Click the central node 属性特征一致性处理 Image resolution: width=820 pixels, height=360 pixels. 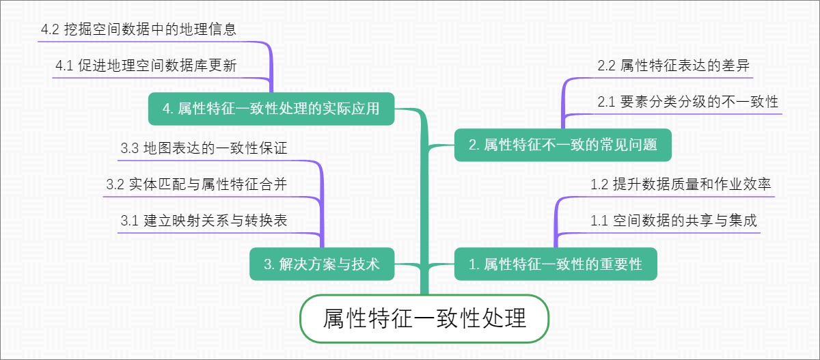(424, 318)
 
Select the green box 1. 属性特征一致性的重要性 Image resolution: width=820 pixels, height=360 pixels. (556, 264)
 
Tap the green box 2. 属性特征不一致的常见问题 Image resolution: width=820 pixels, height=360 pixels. (562, 145)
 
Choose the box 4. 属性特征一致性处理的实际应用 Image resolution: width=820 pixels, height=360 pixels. (271, 109)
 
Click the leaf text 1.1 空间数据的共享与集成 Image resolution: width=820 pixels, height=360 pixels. (674, 221)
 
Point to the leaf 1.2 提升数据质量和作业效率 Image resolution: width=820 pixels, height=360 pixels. (681, 184)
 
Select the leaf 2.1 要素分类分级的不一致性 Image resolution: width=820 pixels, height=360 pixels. (688, 102)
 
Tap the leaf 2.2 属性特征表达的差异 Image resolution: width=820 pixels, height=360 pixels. (674, 66)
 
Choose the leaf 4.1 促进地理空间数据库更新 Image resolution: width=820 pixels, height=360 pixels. (146, 66)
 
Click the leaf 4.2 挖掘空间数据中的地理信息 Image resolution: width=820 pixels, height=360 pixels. (139, 29)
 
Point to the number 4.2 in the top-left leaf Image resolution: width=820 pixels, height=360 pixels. (50, 29)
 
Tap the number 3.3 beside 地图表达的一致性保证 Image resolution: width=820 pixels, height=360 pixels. (129, 148)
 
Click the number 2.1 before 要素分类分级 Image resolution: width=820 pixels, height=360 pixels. (606, 102)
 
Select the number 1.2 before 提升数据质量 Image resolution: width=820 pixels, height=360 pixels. (599, 184)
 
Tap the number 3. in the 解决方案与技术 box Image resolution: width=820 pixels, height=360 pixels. (269, 264)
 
